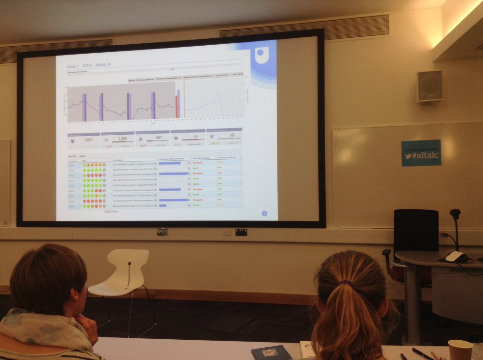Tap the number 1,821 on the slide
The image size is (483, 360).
(x=88, y=139)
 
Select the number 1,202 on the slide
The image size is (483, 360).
(x=123, y=139)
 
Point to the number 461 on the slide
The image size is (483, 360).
(x=158, y=138)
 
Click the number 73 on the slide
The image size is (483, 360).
(x=195, y=137)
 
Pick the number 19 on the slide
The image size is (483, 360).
(x=232, y=135)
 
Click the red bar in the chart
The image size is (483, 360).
(x=176, y=106)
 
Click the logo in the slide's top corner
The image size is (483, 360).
(x=260, y=55)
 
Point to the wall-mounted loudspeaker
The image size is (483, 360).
(x=429, y=86)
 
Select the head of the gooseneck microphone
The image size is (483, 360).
(x=455, y=213)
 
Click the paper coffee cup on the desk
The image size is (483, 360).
(x=459, y=350)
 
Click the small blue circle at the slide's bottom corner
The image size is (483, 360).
(x=264, y=213)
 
